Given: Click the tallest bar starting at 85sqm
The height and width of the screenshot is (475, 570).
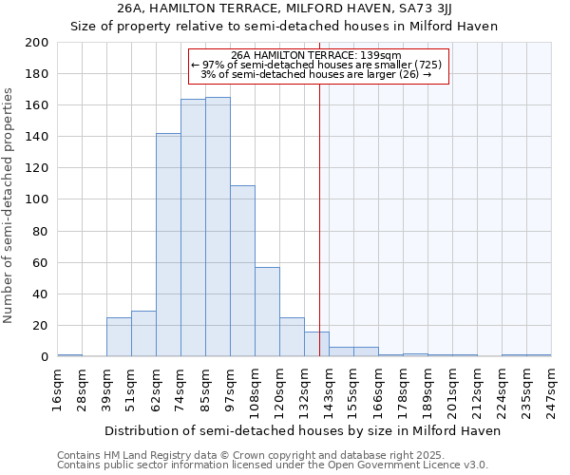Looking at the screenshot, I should (218, 227).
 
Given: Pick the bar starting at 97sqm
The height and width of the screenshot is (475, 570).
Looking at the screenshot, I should (242, 271).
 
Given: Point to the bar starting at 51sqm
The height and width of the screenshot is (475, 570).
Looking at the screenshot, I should (143, 333).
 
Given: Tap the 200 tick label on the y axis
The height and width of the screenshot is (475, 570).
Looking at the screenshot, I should (37, 43).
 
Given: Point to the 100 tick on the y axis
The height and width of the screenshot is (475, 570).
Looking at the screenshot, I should (37, 199).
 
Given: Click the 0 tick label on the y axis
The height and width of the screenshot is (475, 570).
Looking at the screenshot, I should (44, 356).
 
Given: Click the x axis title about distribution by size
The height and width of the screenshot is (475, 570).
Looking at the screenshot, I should (302, 430).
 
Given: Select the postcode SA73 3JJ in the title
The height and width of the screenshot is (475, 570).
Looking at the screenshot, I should (429, 9).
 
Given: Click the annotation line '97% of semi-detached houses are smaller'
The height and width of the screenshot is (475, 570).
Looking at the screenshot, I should (318, 65).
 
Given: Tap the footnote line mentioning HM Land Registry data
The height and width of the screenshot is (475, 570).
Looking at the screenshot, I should (271, 455).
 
